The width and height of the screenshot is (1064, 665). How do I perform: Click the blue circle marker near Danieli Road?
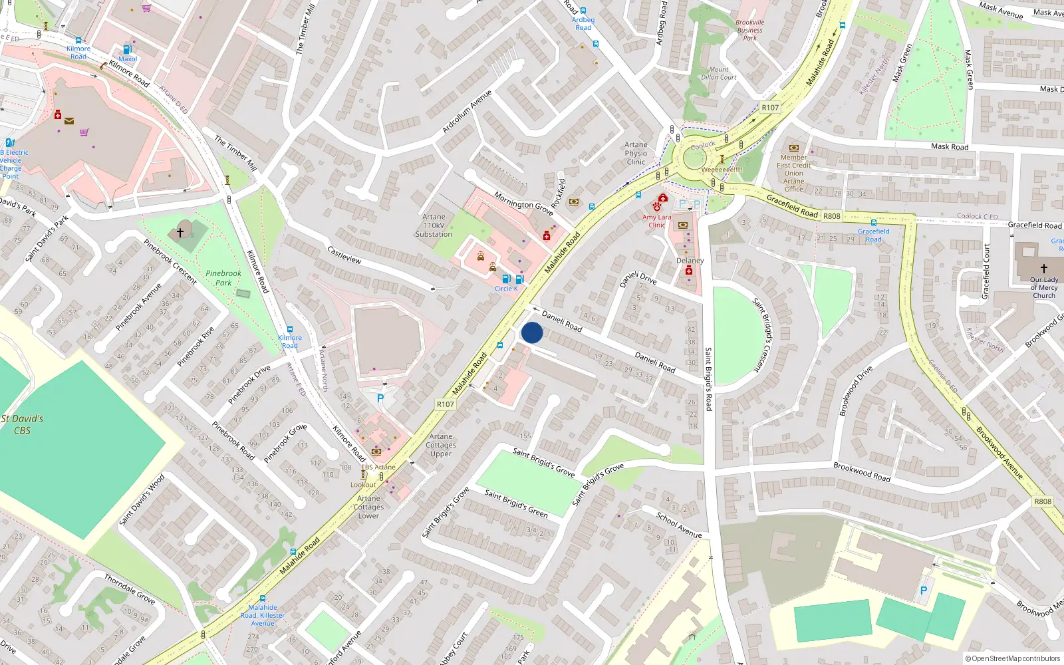[532, 332]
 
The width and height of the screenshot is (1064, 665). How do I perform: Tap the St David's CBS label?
[22, 424]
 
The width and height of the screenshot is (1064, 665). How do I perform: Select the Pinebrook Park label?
[223, 278]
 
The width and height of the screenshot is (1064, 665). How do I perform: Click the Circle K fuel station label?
[506, 289]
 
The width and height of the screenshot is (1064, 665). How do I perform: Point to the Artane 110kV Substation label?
[434, 225]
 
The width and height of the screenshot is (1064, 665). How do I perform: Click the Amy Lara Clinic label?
[656, 221]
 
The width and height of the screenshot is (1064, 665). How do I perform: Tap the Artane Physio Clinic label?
[636, 153]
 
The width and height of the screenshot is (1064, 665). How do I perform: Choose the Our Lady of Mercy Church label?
[1043, 287]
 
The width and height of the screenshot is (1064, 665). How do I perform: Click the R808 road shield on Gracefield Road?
[831, 216]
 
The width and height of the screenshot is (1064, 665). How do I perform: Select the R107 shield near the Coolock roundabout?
[770, 107]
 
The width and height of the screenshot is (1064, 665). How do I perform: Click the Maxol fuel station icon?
[127, 49]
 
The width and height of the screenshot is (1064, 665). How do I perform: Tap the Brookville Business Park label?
[749, 30]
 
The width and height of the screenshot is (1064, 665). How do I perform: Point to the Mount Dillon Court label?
[718, 73]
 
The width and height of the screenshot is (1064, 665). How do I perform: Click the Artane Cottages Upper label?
[441, 445]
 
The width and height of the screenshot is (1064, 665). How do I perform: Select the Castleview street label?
[344, 255]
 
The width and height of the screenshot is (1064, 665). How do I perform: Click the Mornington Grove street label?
[523, 203]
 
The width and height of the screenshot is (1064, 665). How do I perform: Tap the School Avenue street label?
[679, 525]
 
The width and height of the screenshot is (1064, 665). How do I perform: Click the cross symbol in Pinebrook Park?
[180, 233]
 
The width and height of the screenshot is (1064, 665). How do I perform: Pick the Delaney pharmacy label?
[690, 261]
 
